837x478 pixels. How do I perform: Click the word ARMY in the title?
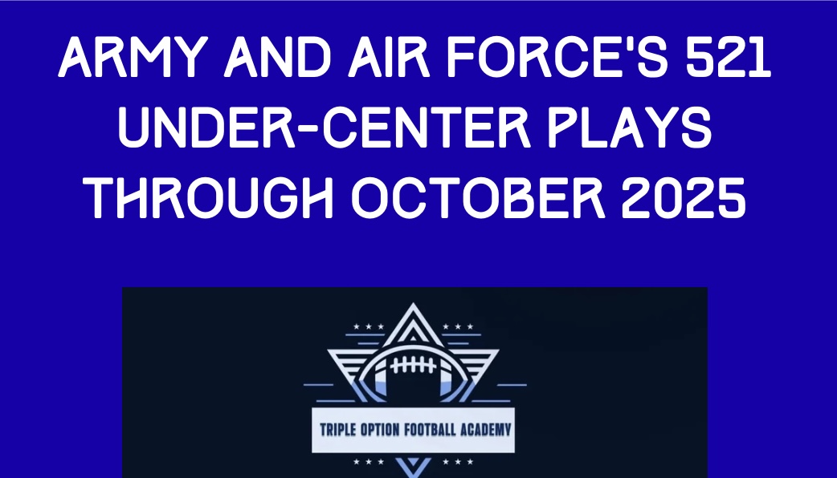point(133,58)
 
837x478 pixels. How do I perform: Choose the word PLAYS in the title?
point(630,128)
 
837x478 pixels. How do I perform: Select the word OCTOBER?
point(478,198)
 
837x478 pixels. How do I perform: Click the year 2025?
point(684,198)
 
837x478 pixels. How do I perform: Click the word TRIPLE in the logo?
point(337,430)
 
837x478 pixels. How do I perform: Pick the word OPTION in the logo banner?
point(380,430)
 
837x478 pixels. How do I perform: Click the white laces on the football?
point(413,366)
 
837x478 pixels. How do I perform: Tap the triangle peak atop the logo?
point(413,306)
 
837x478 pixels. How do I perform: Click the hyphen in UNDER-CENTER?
point(308,130)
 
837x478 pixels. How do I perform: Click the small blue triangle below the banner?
point(414,468)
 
